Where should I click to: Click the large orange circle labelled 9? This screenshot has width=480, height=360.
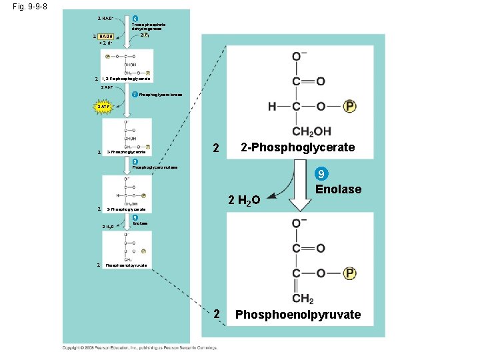point(321,175)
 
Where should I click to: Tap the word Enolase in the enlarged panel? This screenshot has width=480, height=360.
point(339,189)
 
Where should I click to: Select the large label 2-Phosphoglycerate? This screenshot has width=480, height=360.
point(297,147)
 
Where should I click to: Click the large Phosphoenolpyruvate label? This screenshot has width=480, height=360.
point(298,314)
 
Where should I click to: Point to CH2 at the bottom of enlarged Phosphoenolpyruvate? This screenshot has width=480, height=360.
point(302,298)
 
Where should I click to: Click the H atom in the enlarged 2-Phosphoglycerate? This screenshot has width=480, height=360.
point(273,107)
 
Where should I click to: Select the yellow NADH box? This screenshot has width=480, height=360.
point(105,37)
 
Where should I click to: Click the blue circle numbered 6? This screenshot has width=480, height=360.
point(135,18)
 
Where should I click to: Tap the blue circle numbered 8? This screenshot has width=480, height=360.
point(135,161)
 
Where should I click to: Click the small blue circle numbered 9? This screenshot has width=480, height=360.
point(135,217)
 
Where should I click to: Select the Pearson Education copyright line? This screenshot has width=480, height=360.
point(139,347)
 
